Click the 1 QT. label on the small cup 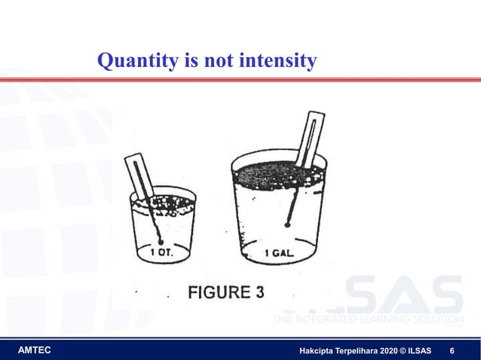point(163,252)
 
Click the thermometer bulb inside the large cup point(288,223)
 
